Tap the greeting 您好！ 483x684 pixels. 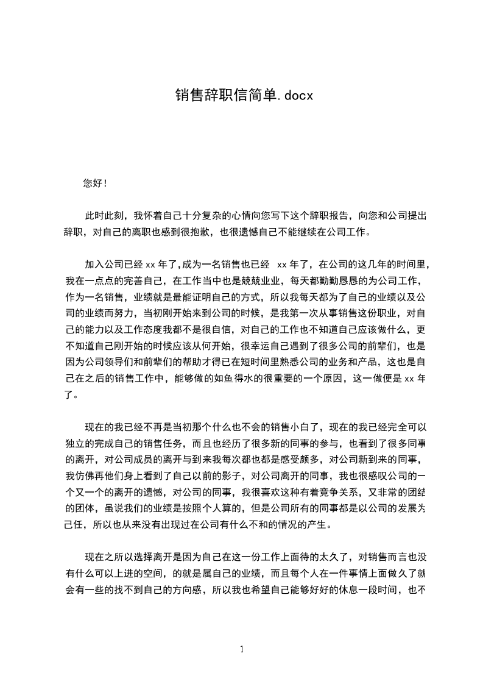96,183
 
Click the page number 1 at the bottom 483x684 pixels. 242,649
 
